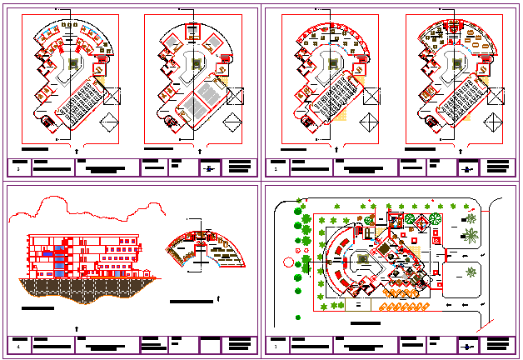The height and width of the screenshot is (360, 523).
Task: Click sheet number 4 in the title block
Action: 18,344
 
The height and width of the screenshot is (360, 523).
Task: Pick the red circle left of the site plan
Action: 288,262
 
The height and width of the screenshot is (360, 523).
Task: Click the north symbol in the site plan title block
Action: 467,345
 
